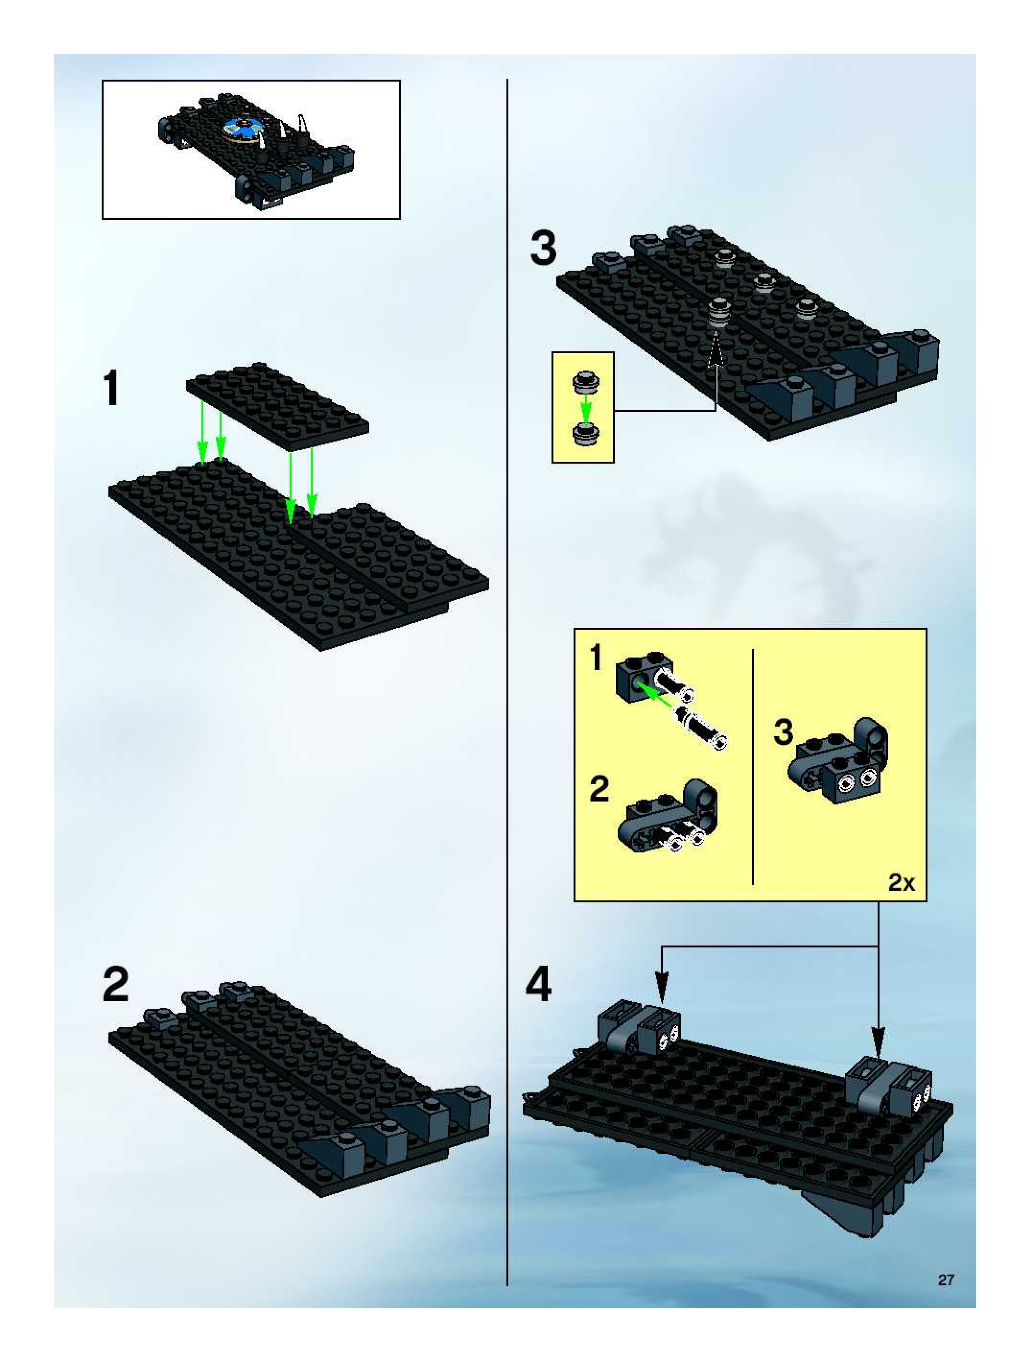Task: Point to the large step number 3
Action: pos(543,249)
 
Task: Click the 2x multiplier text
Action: pos(901,883)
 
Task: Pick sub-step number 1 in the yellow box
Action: pos(596,658)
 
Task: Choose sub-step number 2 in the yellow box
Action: pos(599,789)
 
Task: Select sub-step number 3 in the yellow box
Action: pos(783,732)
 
